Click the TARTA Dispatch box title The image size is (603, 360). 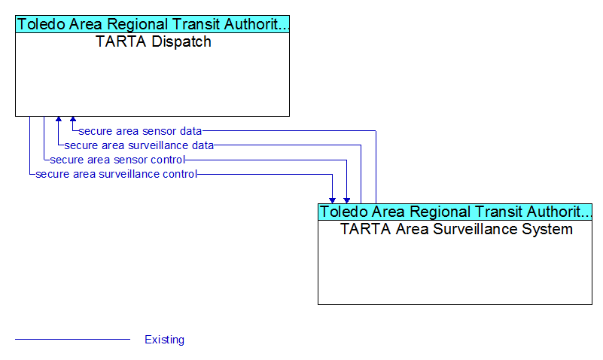153,41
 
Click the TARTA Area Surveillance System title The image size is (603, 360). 456,229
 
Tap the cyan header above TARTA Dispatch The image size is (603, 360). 152,24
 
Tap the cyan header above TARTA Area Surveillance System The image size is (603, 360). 455,212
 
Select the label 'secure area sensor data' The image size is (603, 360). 140,131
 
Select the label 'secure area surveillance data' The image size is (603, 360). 139,145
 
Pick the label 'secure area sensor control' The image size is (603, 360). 117,160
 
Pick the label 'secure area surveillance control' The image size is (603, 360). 116,174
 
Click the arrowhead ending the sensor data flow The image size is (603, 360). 73,119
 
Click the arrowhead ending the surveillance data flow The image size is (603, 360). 59,119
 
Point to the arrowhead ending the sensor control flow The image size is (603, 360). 346,201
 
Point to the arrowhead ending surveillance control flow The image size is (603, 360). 332,201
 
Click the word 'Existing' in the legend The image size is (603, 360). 165,340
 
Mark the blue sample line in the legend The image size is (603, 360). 73,339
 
